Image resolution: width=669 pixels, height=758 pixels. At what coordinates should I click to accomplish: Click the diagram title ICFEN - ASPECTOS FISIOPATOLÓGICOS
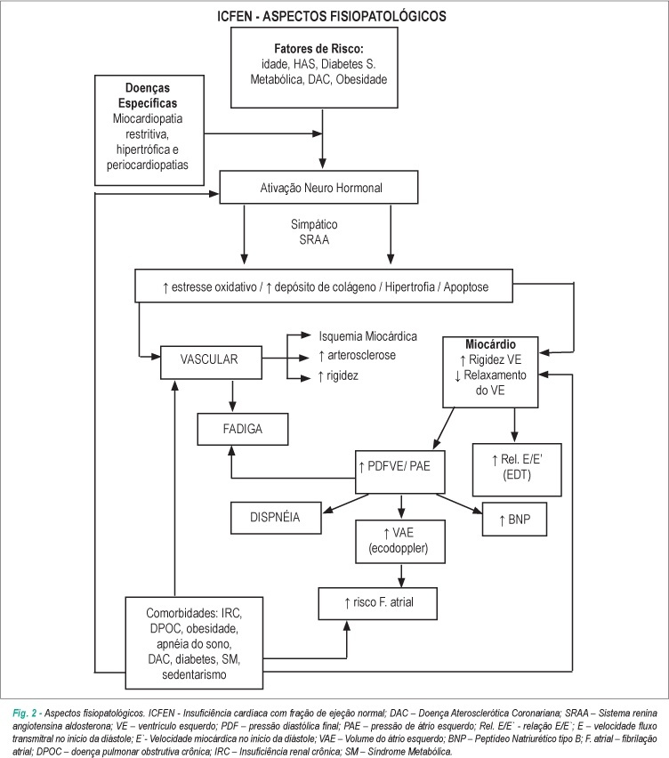[x=331, y=16]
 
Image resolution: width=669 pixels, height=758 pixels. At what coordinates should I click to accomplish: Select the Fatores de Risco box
[x=314, y=68]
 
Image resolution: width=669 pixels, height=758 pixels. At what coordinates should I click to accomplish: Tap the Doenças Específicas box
[x=149, y=130]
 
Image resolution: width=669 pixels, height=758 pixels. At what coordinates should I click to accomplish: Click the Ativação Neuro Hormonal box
[x=319, y=187]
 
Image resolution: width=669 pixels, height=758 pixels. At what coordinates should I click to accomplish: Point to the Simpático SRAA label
[x=314, y=232]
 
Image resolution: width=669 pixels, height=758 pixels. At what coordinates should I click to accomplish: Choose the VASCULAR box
[x=211, y=362]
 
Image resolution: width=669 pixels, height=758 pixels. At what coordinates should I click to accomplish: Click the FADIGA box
[x=243, y=429]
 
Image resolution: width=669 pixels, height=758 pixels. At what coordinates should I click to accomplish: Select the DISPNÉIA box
[x=276, y=518]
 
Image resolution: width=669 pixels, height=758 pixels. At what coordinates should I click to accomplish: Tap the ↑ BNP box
[x=515, y=520]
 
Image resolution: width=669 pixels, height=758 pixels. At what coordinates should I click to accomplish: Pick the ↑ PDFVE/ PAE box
[x=399, y=472]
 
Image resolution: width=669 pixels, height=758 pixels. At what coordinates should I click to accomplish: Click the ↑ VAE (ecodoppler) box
[x=400, y=542]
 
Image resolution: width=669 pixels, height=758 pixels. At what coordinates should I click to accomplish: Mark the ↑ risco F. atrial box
[x=377, y=603]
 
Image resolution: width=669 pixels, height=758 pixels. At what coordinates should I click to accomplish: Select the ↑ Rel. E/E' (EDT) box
[x=517, y=470]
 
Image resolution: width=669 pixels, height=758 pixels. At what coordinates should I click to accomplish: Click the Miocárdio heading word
[x=491, y=344]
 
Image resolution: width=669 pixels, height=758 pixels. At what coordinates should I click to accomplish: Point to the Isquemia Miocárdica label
[x=367, y=336]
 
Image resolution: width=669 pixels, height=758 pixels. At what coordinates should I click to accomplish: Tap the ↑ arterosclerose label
[x=357, y=355]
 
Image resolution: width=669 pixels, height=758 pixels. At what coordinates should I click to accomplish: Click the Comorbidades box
[x=194, y=643]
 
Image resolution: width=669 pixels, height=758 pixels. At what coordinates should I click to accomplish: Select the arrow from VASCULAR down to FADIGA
[x=233, y=395]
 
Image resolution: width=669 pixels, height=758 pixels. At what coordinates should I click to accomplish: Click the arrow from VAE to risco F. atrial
[x=400, y=576]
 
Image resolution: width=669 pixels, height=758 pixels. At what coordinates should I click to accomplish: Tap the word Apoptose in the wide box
[x=466, y=287]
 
